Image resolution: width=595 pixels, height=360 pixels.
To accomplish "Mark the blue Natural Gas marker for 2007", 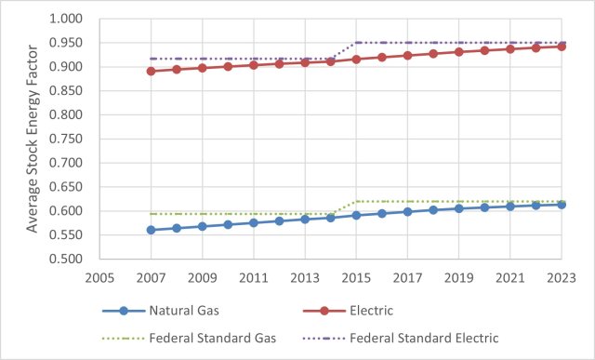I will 151,230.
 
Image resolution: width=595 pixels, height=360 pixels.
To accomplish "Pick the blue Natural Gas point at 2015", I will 355,215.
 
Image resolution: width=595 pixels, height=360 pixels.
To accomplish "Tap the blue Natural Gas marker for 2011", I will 253,222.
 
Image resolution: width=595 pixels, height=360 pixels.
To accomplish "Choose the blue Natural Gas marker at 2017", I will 407,211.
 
